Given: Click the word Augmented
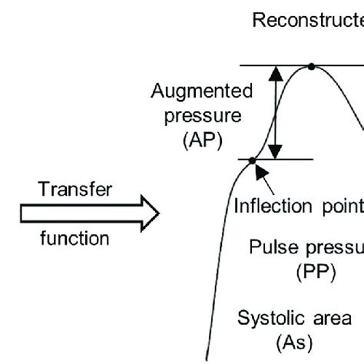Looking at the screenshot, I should (x=201, y=92).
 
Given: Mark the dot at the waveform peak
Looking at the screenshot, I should (x=311, y=67).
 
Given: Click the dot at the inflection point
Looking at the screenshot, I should (x=252, y=159).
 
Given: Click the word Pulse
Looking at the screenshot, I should (x=270, y=247).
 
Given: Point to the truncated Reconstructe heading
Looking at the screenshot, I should (x=307, y=21).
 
